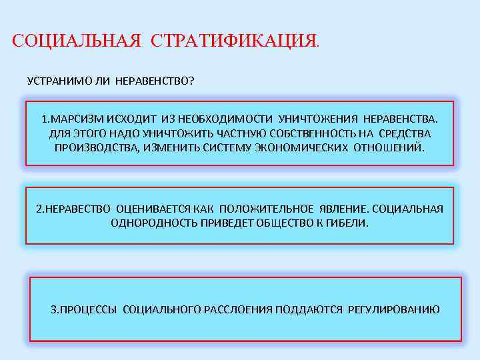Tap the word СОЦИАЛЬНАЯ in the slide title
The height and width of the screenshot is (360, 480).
(x=77, y=41)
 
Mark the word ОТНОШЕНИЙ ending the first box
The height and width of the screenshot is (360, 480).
(x=391, y=147)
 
